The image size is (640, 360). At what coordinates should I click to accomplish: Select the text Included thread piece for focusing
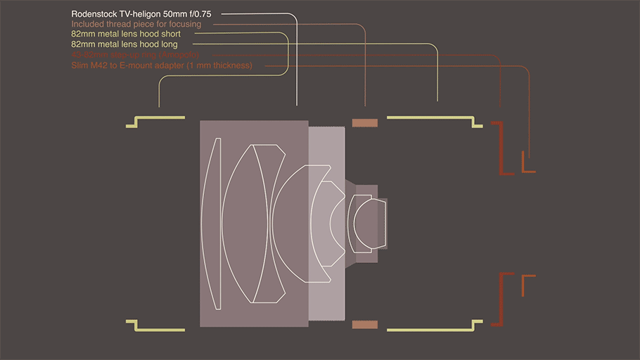[136, 24]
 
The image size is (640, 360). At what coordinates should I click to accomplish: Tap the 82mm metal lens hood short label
[126, 34]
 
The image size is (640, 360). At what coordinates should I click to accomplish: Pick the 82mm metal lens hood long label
[124, 44]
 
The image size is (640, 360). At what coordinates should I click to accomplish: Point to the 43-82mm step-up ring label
[135, 55]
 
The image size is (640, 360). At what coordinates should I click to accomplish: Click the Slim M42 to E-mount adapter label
[161, 65]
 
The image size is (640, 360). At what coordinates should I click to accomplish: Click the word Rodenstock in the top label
[95, 14]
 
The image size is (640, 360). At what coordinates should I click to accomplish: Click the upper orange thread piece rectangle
[365, 123]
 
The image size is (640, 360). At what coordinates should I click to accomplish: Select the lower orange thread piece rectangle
[365, 324]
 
